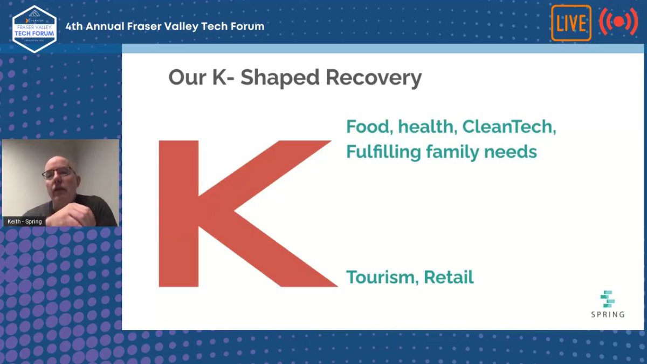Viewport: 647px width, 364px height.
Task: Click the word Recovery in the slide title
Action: tap(374, 78)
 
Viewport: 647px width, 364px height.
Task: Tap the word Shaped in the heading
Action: tap(280, 78)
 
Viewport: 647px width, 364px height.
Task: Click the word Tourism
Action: tap(381, 277)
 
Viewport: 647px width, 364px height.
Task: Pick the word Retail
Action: tap(449, 277)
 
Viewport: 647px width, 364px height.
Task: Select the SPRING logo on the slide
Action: tap(608, 304)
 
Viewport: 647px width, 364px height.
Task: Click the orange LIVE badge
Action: tap(571, 23)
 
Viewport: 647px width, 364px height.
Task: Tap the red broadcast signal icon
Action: tap(618, 22)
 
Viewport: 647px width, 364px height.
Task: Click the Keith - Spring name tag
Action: tap(25, 221)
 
